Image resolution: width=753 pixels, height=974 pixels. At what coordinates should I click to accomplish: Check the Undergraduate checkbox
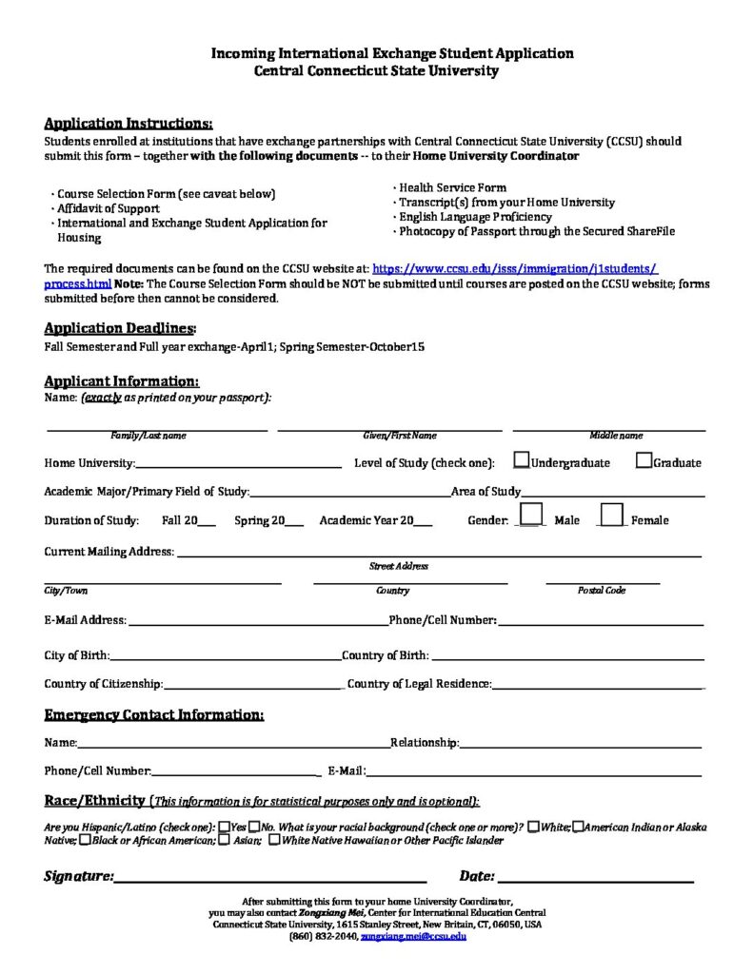(x=522, y=460)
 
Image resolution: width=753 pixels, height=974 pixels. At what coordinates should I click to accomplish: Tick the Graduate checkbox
(x=644, y=460)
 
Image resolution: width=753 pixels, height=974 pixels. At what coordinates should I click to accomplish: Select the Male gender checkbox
(x=531, y=515)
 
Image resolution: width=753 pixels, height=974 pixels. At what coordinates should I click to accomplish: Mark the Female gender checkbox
(x=612, y=515)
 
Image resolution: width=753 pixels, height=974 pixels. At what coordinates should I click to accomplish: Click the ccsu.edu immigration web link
(x=514, y=270)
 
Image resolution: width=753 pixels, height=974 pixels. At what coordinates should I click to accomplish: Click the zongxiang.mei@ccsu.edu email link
(x=413, y=937)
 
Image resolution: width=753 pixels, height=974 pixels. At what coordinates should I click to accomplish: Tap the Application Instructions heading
(x=129, y=124)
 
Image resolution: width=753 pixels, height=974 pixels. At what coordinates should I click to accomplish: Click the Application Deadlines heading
(x=120, y=328)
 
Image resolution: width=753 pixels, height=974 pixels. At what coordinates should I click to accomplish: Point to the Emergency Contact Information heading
(x=154, y=715)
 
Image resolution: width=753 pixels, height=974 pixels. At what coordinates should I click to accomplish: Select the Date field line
(x=595, y=877)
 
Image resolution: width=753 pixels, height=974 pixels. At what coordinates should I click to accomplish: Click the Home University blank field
(x=239, y=463)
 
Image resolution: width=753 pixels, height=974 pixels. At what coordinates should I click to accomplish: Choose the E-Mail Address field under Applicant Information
(x=257, y=621)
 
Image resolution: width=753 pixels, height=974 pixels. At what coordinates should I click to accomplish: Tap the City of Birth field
(x=226, y=656)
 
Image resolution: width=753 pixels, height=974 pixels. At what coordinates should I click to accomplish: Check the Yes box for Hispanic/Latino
(x=224, y=828)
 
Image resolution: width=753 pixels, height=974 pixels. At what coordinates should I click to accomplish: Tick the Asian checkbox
(x=224, y=840)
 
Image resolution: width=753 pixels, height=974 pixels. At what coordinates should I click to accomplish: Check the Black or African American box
(x=86, y=840)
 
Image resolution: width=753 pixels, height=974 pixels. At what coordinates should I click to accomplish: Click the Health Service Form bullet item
(x=452, y=187)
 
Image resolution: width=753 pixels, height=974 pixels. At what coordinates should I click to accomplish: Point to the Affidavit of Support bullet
(x=109, y=208)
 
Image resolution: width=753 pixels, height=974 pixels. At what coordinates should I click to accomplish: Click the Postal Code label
(x=602, y=591)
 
